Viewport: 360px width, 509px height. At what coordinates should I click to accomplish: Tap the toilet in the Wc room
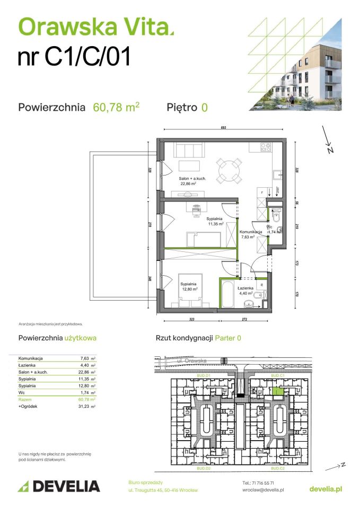point(276,215)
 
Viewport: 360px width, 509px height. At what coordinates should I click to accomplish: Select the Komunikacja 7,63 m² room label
point(251,235)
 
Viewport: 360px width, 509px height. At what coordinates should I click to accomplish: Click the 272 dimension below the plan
point(244,320)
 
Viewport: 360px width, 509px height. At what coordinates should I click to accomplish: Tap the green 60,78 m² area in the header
point(116,107)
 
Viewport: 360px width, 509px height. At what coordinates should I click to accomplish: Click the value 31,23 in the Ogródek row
point(82,406)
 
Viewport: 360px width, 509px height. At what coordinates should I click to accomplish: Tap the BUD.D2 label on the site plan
point(204,469)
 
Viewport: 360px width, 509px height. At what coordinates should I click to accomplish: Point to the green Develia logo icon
point(24,486)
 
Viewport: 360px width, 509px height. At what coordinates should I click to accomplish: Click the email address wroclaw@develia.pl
point(262,490)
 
